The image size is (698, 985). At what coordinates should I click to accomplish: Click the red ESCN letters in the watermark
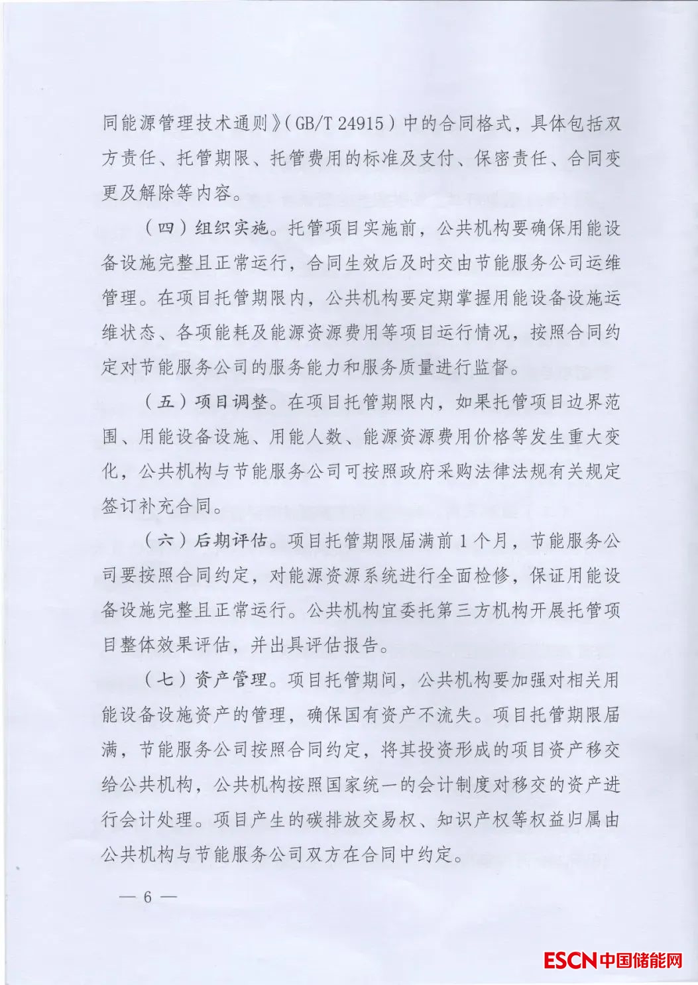coord(570,959)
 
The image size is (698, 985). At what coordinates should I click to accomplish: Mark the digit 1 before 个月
coord(464,541)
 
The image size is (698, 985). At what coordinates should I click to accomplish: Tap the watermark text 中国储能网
coord(640,959)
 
